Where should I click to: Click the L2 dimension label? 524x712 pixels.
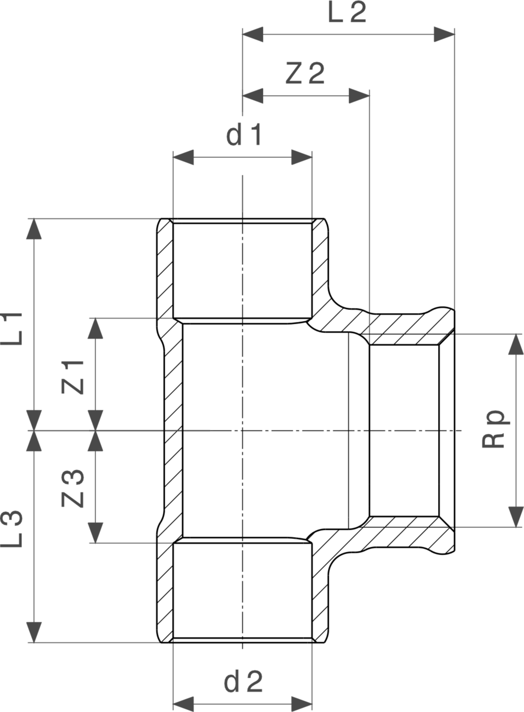347,12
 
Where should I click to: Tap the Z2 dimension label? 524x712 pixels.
305,74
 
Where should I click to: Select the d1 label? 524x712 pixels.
244,135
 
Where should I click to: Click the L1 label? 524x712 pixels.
11,328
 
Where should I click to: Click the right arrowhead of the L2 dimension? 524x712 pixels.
444,34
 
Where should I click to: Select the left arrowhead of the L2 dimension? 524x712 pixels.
253,34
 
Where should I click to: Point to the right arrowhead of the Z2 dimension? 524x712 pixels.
359,96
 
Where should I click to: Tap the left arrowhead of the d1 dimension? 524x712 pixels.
183,157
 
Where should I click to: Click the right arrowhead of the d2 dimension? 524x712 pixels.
302,703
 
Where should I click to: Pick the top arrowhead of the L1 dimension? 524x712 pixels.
34,229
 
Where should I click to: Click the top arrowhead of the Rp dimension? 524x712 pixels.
516,344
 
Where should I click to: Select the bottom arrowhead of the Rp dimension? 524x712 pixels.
516,517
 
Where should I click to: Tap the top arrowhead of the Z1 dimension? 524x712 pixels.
96,328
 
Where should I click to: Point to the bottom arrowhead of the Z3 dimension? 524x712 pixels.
96,533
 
